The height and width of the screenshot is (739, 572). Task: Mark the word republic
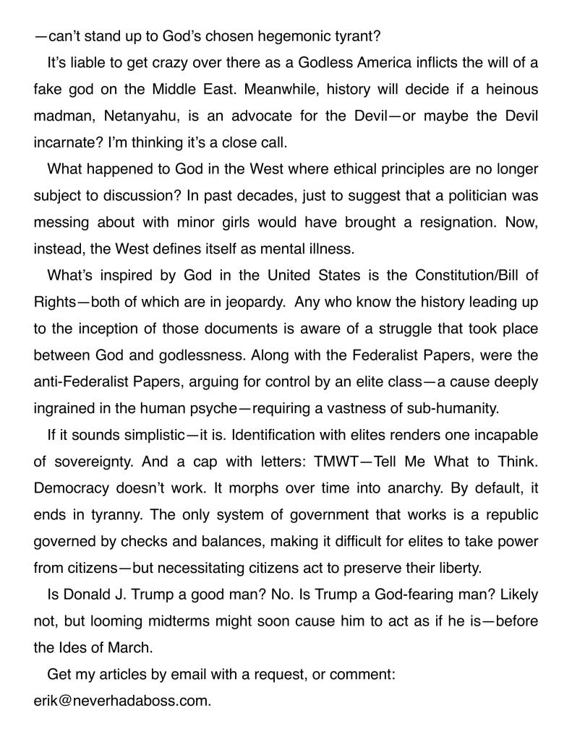coord(510,515)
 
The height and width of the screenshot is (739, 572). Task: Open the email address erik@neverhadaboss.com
coord(122,701)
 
